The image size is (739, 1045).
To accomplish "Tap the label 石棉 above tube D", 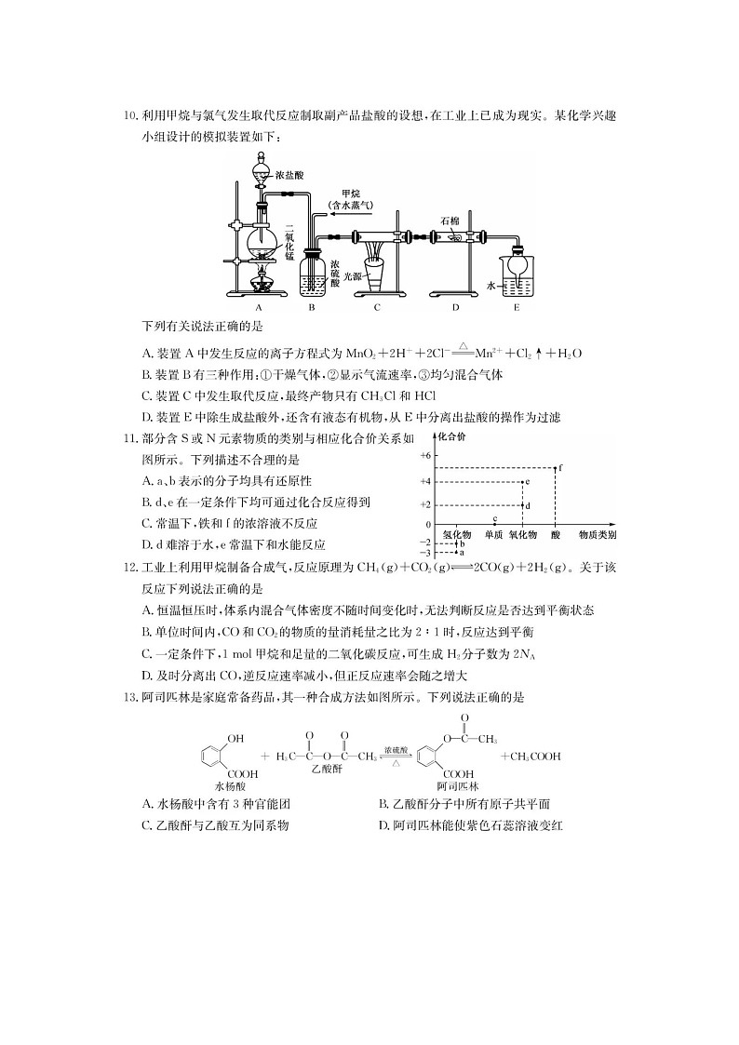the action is click(450, 221).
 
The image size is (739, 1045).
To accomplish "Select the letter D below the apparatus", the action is click(456, 307).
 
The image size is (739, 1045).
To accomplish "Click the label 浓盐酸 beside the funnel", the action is click(289, 175).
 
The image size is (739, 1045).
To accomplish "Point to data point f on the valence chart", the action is click(556, 468).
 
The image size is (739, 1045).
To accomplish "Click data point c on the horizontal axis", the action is click(494, 524).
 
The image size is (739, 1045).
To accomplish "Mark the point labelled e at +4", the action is click(522, 482).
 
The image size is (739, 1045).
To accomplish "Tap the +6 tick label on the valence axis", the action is click(426, 455).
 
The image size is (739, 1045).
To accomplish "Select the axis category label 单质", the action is click(494, 534).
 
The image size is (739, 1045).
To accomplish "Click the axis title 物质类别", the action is click(598, 534).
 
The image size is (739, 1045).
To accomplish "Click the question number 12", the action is click(130, 568).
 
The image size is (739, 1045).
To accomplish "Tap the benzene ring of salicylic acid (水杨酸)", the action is click(210, 756).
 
